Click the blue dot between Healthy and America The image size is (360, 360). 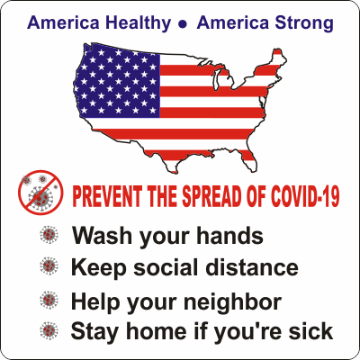[x=182, y=22]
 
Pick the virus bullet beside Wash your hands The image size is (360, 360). [x=48, y=236]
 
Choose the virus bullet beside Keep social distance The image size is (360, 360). [x=48, y=266]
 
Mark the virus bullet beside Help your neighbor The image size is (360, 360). [x=48, y=301]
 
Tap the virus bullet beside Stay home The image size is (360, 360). [x=48, y=330]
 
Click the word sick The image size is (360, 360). [x=311, y=330]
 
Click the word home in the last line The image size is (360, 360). [x=150, y=330]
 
